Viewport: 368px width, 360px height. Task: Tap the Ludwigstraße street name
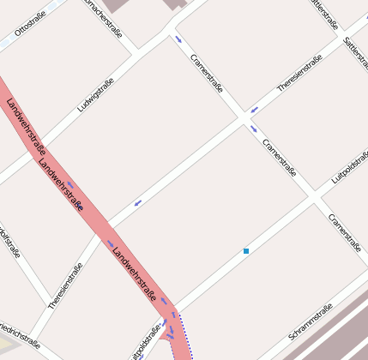pos(95,95)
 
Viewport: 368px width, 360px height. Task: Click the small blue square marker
pos(246,251)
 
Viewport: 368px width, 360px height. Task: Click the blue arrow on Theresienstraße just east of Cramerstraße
pos(254,110)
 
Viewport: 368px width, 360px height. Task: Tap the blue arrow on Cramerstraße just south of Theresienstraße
pos(253,129)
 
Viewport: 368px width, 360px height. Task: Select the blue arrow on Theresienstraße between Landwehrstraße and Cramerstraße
pos(137,203)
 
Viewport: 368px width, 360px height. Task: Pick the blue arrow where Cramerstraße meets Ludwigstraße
pos(178,39)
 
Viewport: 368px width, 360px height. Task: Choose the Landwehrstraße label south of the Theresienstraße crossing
pos(136,271)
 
